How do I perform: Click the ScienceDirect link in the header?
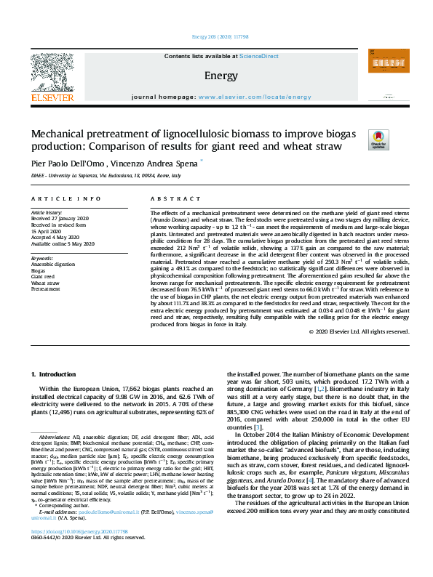click(259, 56)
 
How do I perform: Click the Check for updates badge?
click(378, 140)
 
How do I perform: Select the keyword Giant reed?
click(41, 277)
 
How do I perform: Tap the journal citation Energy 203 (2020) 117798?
click(216, 36)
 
